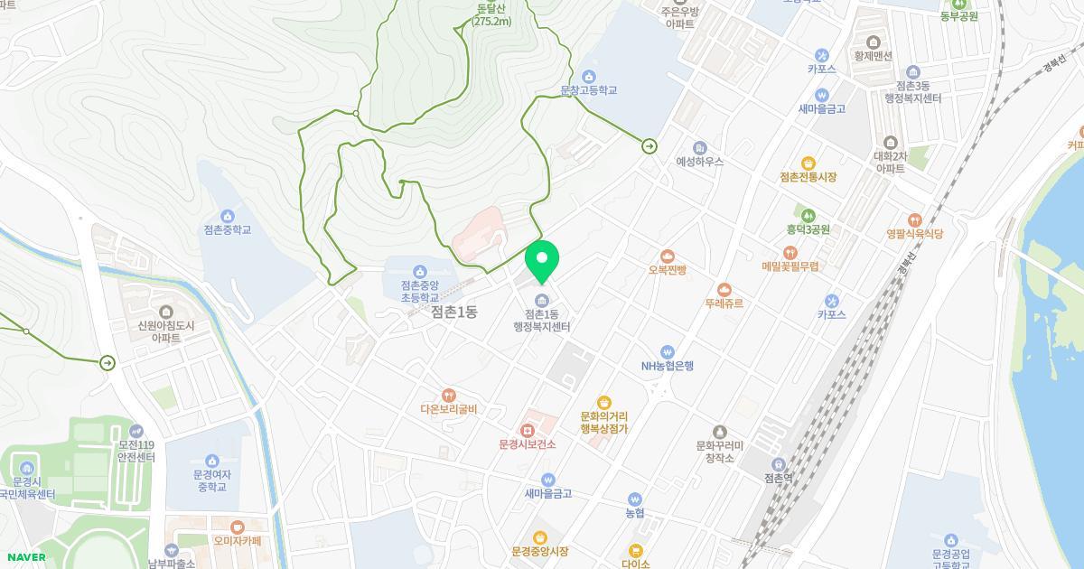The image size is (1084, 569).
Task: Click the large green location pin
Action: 542,260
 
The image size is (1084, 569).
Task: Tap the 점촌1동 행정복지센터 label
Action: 542,320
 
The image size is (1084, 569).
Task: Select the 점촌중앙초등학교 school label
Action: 419,291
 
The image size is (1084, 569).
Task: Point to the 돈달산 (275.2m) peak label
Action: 491,15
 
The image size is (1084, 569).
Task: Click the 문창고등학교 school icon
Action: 589,76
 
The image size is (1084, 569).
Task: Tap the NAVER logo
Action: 24,557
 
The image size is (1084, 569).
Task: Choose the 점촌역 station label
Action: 778,479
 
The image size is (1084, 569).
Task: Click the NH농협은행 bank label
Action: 668,366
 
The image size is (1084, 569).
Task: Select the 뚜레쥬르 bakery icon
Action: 724,289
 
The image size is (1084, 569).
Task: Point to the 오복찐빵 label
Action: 668,270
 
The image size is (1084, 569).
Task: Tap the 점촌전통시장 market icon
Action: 808,163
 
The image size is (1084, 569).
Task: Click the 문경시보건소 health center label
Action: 528,444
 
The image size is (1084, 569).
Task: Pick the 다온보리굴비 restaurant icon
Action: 448,396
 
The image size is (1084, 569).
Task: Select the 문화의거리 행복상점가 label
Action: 604,423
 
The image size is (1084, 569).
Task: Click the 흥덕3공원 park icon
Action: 808,216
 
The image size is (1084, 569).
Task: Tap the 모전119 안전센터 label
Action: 136,451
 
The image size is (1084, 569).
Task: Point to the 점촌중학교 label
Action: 228,230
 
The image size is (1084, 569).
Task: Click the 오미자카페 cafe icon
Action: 238,527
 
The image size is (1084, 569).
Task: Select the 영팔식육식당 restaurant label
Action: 915,234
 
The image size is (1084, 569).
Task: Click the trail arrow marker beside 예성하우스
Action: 649,146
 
